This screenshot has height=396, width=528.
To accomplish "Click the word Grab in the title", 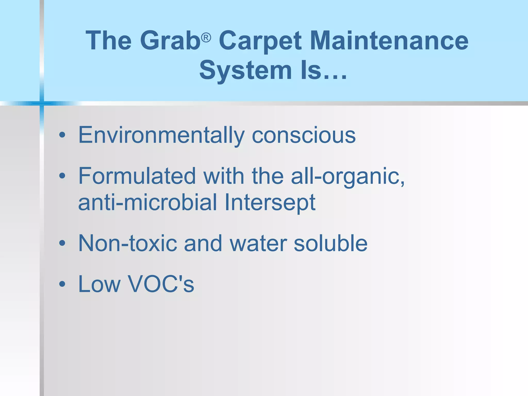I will tap(170, 41).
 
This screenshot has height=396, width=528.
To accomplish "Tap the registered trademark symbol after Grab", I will tap(206, 38).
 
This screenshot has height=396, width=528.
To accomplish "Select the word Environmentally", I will tap(161, 136).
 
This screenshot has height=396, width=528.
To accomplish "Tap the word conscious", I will tap(303, 136).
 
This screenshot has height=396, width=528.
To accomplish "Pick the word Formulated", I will tap(137, 176).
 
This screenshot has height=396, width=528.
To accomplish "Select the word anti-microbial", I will tap(147, 203).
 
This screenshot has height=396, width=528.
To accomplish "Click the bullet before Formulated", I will tap(62, 176).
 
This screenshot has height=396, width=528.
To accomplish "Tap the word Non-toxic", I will tap(128, 243).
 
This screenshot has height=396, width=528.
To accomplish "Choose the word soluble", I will tap(331, 243).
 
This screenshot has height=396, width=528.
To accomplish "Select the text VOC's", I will tap(161, 284).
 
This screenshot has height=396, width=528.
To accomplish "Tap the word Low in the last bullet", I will tap(100, 284).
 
